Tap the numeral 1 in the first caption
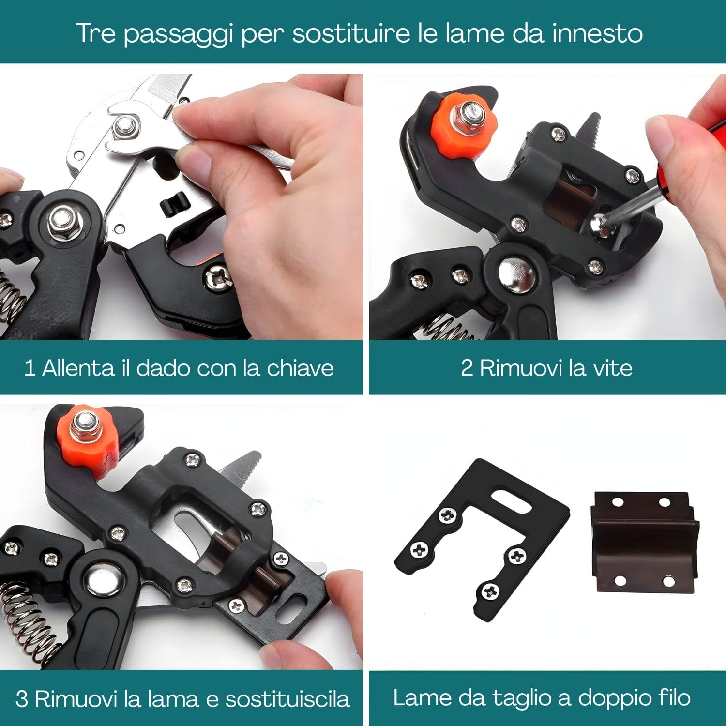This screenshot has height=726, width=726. (30, 368)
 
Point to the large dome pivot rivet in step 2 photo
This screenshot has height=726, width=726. (517, 274)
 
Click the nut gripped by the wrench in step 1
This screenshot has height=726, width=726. (125, 128)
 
